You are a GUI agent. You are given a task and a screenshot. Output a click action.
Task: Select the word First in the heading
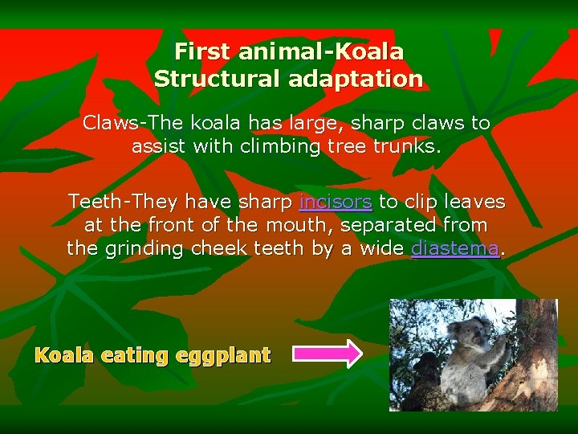pyautogui.click(x=202, y=51)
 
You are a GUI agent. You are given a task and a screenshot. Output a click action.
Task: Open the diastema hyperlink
pyautogui.click(x=454, y=248)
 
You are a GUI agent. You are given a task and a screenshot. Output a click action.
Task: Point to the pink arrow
pyautogui.click(x=327, y=354)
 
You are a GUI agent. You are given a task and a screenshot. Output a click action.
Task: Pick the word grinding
pyautogui.click(x=144, y=248)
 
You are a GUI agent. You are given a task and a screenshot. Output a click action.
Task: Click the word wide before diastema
pyautogui.click(x=379, y=248)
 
